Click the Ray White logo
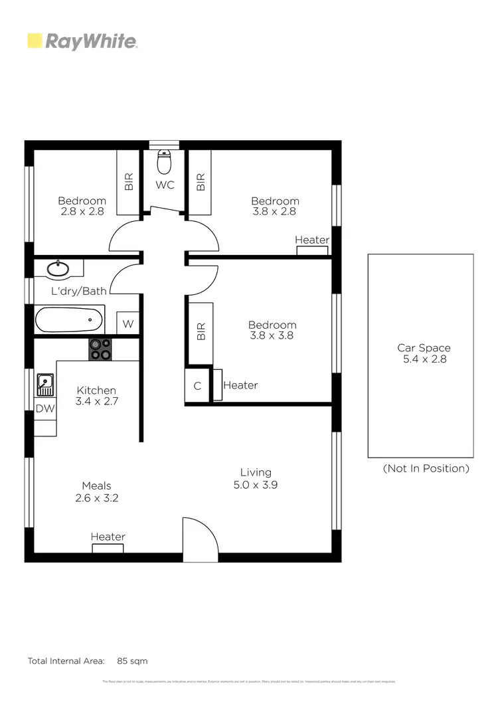coord(82,41)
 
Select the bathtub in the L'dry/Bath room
coord(69,319)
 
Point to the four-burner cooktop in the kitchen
coord(101,349)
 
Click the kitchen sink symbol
coord(45,383)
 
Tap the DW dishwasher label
coord(44,409)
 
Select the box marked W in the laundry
coord(128,324)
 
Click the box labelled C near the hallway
coord(197,386)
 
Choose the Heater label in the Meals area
coord(108,537)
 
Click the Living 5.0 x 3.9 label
coord(256,478)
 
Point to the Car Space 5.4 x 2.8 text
coord(424,353)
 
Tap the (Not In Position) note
coord(426,468)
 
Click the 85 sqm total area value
coord(132,661)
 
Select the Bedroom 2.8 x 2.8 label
coord(82,206)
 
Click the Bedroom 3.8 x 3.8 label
coord(272,330)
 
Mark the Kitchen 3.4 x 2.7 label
coord(96,396)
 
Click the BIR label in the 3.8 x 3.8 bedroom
coord(201,332)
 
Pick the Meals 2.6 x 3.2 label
coord(96,491)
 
